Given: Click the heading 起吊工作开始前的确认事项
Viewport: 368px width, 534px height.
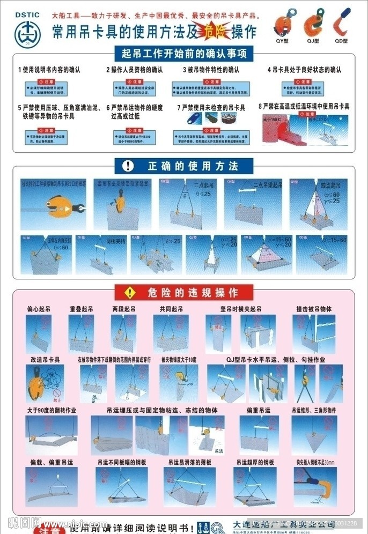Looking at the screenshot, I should (184, 54).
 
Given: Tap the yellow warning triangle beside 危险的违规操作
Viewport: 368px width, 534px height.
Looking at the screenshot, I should (129, 292).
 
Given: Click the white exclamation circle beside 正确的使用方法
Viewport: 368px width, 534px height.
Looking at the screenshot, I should (127, 166).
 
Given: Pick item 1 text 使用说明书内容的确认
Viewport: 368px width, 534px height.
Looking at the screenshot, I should (49, 70).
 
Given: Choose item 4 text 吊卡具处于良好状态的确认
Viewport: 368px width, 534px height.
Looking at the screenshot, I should (304, 70).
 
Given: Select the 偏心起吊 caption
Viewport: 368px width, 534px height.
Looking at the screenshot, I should (39, 309).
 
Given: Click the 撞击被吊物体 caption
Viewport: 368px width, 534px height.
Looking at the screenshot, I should (314, 309).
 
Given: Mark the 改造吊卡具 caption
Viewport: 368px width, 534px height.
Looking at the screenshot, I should (45, 360).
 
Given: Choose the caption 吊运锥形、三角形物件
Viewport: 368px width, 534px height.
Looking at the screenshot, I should (314, 410).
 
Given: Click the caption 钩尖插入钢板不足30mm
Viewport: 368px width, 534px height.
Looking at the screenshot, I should (315, 462).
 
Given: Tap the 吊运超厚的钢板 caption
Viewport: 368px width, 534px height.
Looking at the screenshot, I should (255, 462).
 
